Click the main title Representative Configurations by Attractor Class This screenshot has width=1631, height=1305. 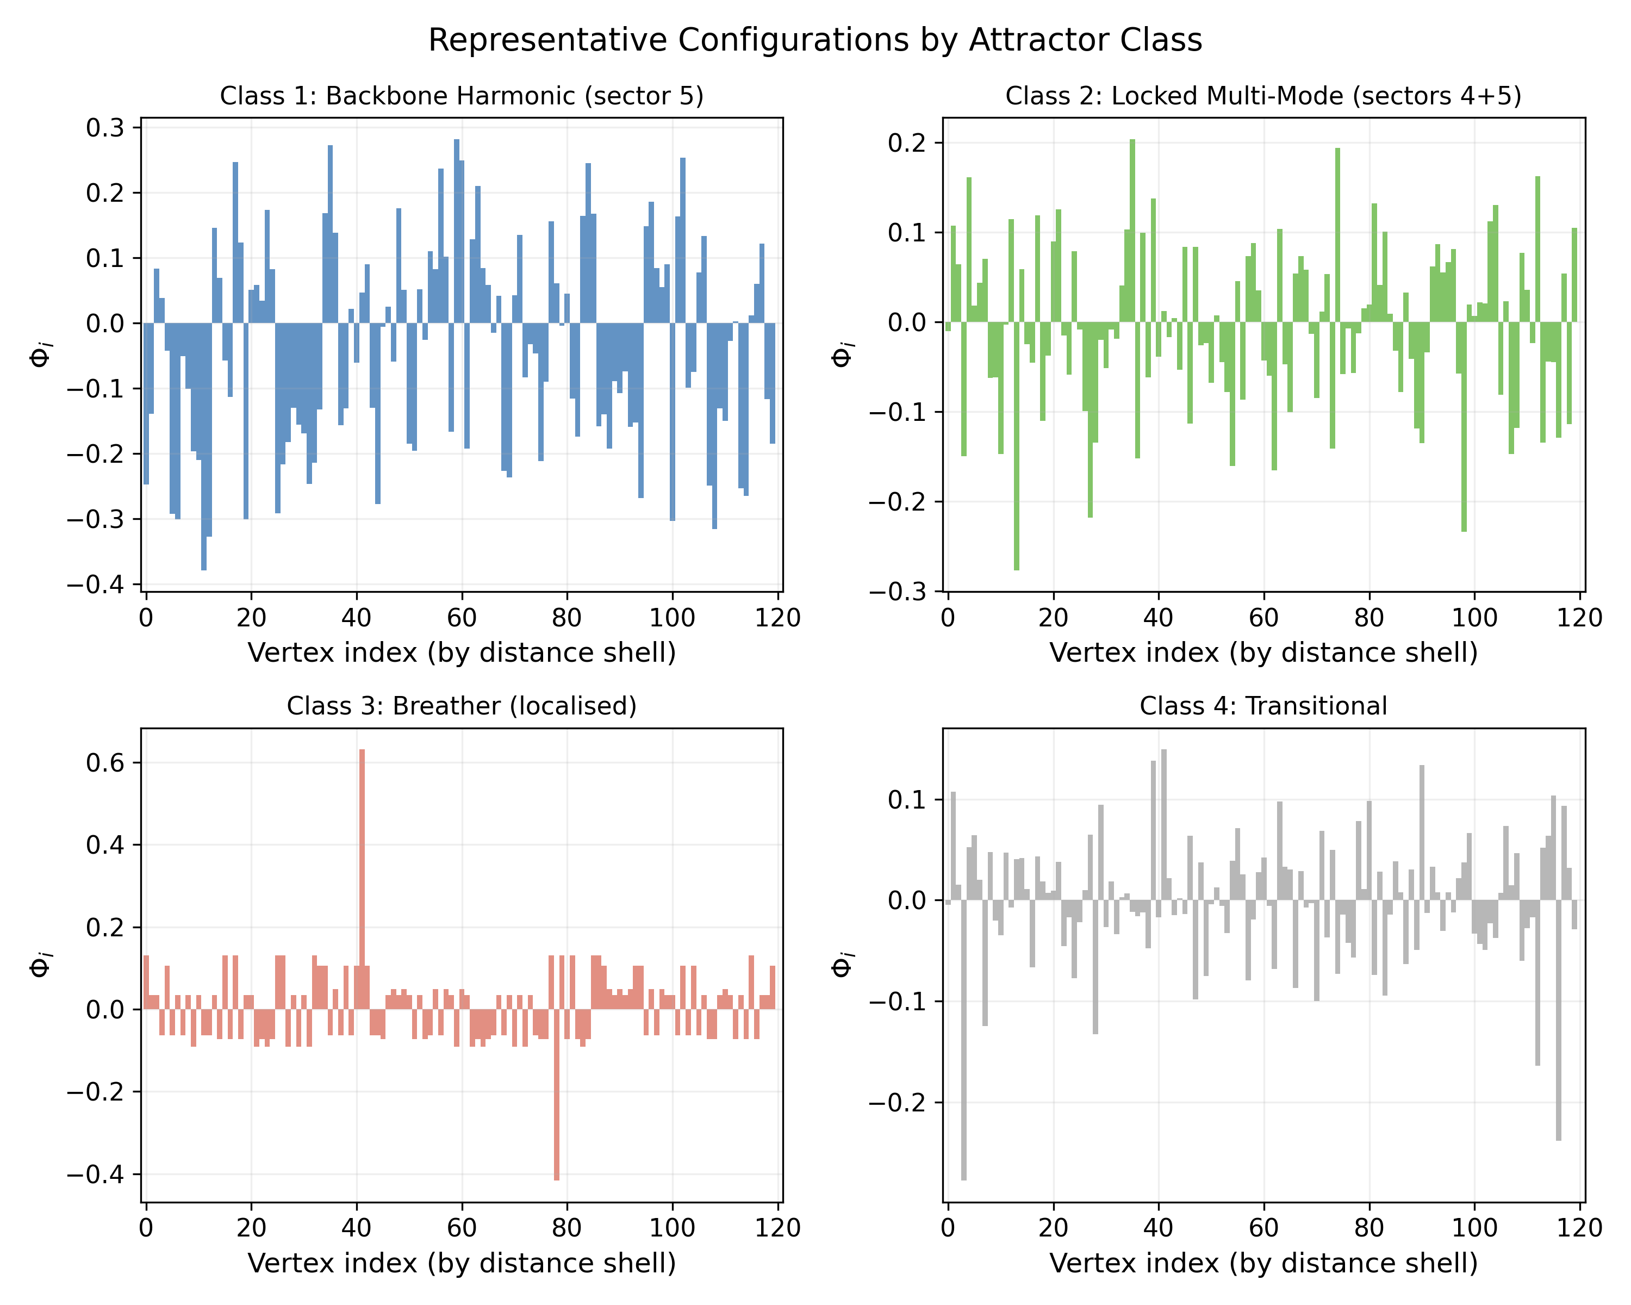(x=815, y=40)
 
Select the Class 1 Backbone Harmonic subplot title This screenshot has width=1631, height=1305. (x=462, y=96)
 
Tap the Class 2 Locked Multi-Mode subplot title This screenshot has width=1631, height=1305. (x=1263, y=96)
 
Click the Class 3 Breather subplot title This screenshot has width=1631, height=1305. (x=462, y=706)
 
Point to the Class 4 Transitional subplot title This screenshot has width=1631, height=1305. (x=1263, y=706)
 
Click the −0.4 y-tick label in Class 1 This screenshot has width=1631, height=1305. (x=95, y=585)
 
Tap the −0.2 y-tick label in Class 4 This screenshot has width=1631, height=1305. (x=897, y=1102)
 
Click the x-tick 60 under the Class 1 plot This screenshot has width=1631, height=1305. (x=462, y=618)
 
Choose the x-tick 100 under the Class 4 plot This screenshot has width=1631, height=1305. (x=1474, y=1228)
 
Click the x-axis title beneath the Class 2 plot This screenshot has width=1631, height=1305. (x=1263, y=652)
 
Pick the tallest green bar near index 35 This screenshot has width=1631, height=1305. (x=1132, y=227)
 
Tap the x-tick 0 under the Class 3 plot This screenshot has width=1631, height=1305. (x=146, y=1228)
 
